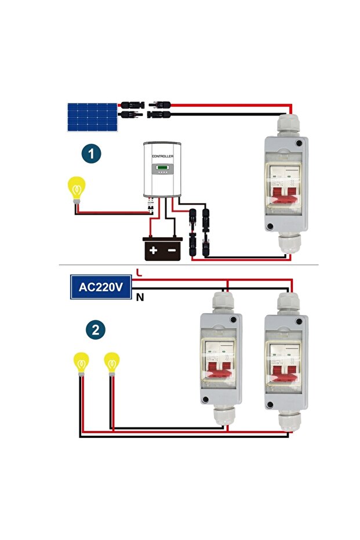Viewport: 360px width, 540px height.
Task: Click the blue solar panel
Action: click(93, 117)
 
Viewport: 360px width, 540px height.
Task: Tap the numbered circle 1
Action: click(91, 154)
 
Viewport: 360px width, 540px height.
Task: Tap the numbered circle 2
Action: click(95, 330)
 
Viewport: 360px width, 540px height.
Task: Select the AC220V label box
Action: click(101, 287)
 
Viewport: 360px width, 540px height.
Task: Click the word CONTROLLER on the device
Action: click(162, 157)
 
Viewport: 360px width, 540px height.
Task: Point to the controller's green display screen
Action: click(162, 169)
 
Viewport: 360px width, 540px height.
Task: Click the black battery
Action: click(163, 248)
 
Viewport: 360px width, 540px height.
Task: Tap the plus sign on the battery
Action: click(153, 251)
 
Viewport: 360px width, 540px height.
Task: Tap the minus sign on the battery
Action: click(172, 251)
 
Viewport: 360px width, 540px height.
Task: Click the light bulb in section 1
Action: click(77, 188)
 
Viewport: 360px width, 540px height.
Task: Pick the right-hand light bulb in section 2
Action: click(111, 363)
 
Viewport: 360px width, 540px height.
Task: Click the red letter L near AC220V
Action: click(137, 271)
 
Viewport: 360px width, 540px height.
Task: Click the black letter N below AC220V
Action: click(139, 298)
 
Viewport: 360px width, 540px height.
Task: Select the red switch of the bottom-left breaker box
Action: click(220, 369)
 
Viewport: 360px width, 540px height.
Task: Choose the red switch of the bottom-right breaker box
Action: click(286, 369)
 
